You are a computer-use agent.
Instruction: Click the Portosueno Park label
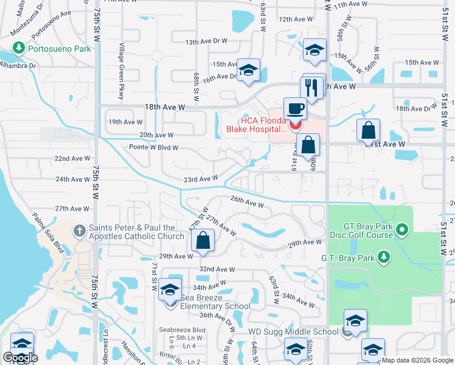pyautogui.click(x=58, y=49)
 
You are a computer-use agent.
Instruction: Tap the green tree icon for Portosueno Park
pyautogui.click(x=18, y=48)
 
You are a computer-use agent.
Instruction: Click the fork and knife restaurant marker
pyautogui.click(x=313, y=86)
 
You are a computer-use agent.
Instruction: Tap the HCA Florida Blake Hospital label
pyautogui.click(x=255, y=124)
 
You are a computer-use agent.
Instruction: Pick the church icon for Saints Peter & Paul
pyautogui.click(x=79, y=231)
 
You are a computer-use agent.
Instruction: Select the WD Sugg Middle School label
pyautogui.click(x=293, y=332)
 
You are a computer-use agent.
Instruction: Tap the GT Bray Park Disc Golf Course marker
pyautogui.click(x=401, y=230)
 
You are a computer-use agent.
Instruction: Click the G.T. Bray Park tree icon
pyautogui.click(x=383, y=256)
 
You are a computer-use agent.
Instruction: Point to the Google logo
pyautogui.click(x=20, y=358)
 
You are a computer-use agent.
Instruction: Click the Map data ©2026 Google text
pyautogui.click(x=417, y=360)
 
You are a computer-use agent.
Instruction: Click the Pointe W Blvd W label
pyautogui.click(x=153, y=147)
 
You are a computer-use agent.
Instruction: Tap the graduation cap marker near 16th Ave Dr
pyautogui.click(x=248, y=71)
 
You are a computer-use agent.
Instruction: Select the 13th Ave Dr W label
pyautogui.click(x=206, y=41)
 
